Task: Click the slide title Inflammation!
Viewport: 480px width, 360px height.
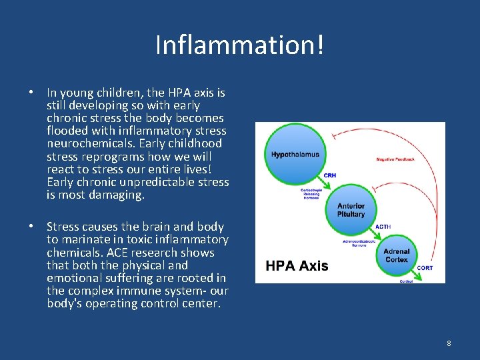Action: click(240, 45)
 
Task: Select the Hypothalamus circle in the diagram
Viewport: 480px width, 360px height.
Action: click(295, 154)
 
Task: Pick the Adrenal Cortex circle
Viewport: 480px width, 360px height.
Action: click(397, 255)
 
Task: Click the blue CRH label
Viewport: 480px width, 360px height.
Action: click(330, 175)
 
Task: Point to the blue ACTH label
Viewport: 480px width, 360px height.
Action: click(383, 227)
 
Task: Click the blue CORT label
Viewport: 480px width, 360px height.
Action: click(425, 267)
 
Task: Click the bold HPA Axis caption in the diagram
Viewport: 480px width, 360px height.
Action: click(297, 266)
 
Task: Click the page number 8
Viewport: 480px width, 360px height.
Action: click(449, 343)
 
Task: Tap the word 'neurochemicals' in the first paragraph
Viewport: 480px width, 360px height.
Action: click(84, 143)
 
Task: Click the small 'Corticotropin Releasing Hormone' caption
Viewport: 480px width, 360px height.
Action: click(312, 193)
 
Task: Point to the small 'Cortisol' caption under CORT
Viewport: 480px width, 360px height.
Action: click(407, 281)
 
